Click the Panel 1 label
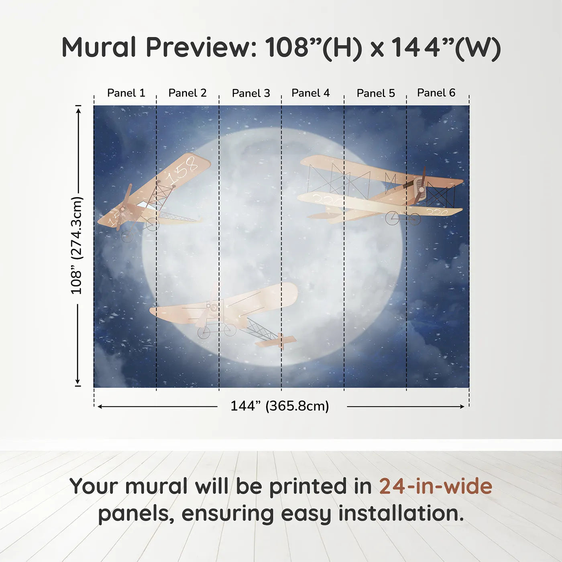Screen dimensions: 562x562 [x=126, y=93]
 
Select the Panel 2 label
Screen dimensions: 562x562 [x=187, y=93]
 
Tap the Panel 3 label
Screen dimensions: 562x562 [x=251, y=93]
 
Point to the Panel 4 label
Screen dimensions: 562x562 [x=311, y=93]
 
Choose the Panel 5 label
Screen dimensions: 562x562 [x=376, y=93]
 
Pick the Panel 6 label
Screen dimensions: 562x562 [x=436, y=93]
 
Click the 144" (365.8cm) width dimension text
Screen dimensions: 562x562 [x=280, y=406]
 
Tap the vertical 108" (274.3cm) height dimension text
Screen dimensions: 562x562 [x=76, y=245]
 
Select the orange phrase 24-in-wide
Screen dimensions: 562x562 [x=436, y=486]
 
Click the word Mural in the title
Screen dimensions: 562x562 [x=99, y=47]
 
